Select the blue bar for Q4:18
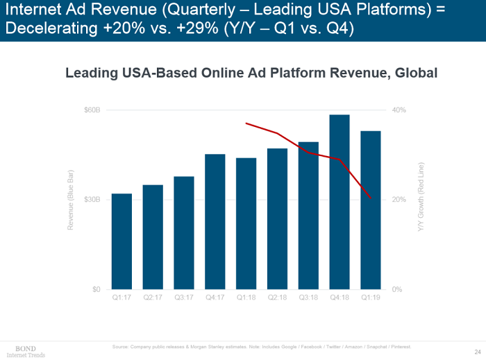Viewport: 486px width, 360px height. [339, 201]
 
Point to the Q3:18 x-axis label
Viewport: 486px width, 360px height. [308, 298]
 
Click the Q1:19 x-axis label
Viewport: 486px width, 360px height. [371, 298]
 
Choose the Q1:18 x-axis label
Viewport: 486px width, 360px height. [246, 298]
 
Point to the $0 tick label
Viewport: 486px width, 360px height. [96, 289]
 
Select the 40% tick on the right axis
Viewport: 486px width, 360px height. [399, 110]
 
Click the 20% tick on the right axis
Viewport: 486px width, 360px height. [399, 200]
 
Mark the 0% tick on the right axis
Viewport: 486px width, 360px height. [396, 289]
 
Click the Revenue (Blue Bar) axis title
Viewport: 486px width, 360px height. [70, 200]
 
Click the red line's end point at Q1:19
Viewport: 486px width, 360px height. [371, 198]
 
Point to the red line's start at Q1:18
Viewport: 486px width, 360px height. [246, 123]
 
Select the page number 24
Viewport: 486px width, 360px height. [478, 350]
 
